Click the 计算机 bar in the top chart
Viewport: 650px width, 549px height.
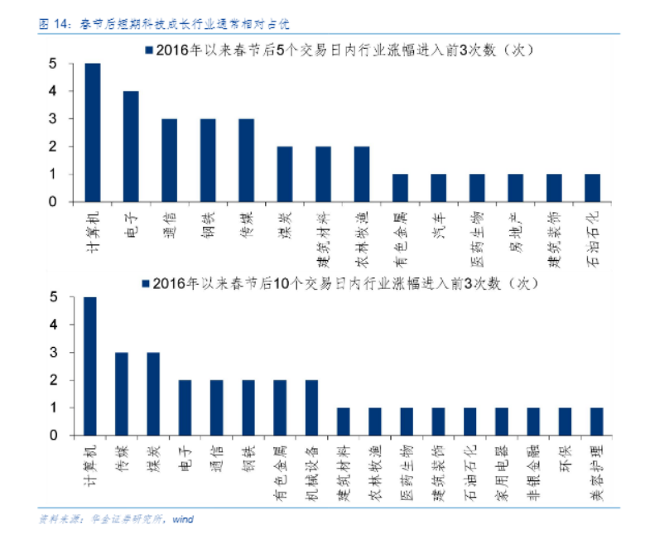(x=93, y=132)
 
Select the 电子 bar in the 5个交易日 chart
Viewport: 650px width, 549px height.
(x=131, y=147)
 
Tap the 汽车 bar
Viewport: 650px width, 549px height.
(x=438, y=188)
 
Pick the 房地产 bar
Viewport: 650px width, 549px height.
(x=514, y=188)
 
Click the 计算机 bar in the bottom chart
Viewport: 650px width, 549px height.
(x=90, y=366)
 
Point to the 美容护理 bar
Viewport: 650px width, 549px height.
(x=597, y=421)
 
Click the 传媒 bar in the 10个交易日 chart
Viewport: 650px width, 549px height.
(x=122, y=393)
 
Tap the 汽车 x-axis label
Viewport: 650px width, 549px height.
(x=438, y=221)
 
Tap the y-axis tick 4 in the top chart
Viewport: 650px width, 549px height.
(x=52, y=91)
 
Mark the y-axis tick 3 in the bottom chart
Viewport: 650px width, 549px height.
(x=52, y=352)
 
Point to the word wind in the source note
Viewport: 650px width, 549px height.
(x=182, y=519)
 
